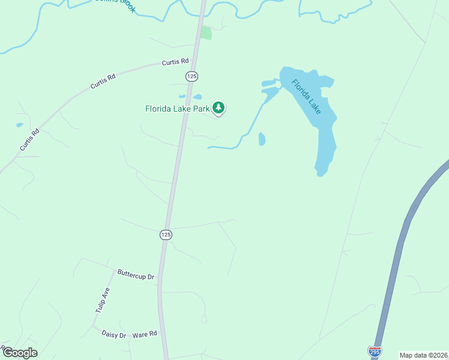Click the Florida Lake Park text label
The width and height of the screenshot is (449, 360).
[177, 109]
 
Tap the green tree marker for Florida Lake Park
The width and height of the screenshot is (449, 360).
[219, 108]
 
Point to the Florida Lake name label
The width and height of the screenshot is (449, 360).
[306, 96]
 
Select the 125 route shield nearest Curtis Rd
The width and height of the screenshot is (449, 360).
[191, 76]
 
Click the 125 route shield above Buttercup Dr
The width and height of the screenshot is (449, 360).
[166, 235]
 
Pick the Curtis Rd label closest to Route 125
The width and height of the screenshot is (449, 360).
[175, 62]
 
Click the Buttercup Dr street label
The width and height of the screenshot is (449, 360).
[136, 277]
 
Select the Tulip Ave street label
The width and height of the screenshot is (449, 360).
[103, 300]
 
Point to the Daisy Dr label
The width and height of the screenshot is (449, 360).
[113, 334]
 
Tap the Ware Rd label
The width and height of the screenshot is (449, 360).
[145, 334]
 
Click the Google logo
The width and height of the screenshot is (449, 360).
[20, 353]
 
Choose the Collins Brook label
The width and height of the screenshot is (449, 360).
[117, 3]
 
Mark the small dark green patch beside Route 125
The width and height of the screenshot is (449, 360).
[206, 33]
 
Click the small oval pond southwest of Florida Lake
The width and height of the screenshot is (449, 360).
[262, 139]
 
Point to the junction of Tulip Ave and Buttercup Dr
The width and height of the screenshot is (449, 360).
[113, 271]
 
